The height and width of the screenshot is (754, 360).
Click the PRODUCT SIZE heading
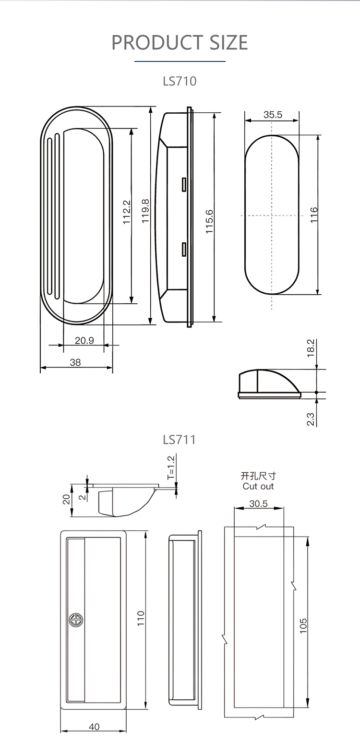pos(180,43)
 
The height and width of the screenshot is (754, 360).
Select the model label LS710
pos(180,81)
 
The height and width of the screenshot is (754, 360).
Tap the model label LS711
pos(180,439)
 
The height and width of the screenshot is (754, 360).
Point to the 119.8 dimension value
pos(145,211)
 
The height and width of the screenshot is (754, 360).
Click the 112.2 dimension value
pos(127,212)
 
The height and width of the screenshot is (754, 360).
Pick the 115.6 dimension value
pos(209,221)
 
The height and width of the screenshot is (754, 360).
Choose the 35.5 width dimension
pos(273,115)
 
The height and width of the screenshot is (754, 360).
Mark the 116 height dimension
pos(313,214)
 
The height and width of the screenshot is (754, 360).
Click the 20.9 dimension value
pos(84,340)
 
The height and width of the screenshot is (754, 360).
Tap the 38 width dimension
pos(75,362)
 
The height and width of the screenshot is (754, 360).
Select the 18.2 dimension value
pos(311,348)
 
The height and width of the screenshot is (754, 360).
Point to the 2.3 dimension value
pos(311,419)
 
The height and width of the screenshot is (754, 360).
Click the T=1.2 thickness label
pos(171,468)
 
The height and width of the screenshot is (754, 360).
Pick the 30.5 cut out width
pos(258,504)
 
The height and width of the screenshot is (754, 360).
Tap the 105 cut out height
pos(303,626)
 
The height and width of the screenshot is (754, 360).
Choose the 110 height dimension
pos(141,618)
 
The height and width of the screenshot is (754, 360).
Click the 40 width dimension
pos(94,727)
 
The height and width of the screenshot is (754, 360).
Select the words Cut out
pos(258,486)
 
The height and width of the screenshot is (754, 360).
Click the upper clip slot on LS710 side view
pos(183,184)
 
